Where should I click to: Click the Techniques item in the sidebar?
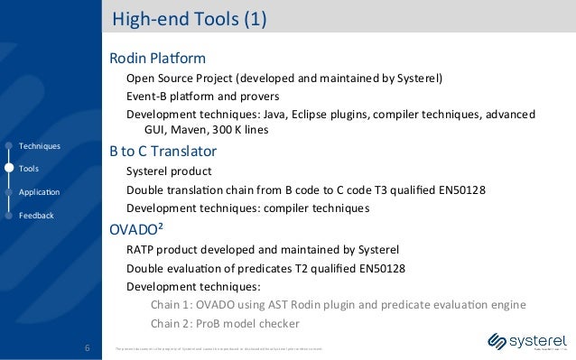tap(39, 145)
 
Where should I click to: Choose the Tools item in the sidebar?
tap(29, 169)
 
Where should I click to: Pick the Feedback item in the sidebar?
tap(36, 216)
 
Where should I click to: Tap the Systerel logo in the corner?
tap(526, 343)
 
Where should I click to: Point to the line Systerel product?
tap(169, 171)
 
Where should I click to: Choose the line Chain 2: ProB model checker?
tap(225, 325)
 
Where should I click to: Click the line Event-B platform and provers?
tap(202, 96)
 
